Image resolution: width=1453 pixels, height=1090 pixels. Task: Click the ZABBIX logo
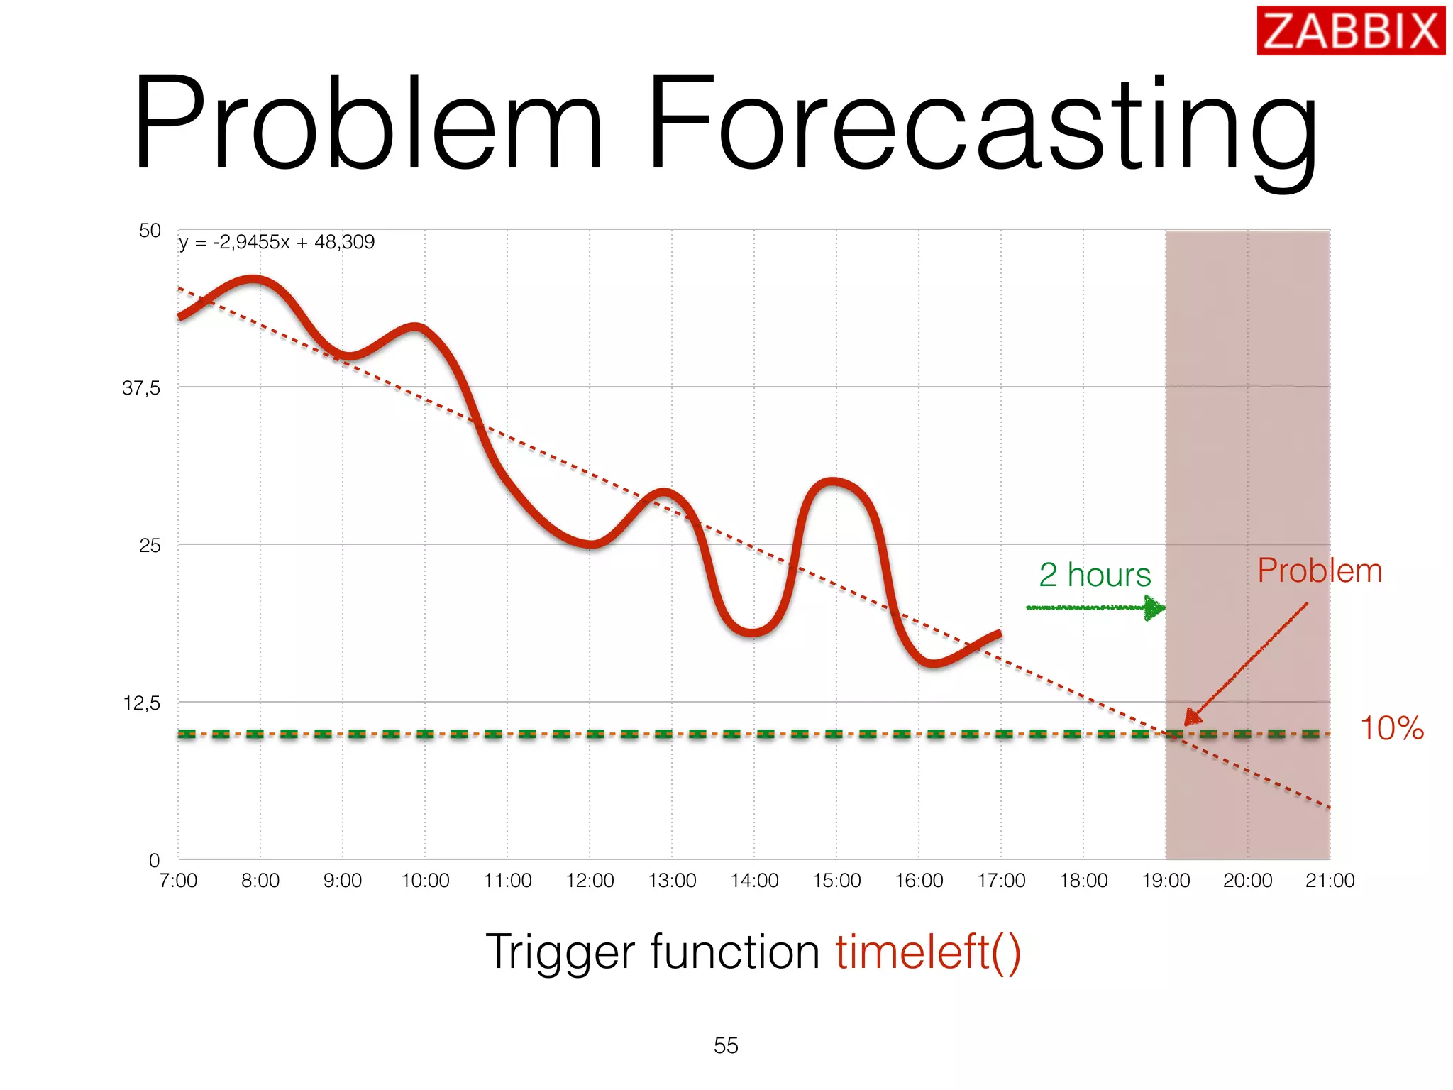[x=1350, y=31]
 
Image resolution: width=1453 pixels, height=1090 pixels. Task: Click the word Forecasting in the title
[x=982, y=125]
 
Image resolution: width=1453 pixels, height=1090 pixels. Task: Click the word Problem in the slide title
[x=368, y=125]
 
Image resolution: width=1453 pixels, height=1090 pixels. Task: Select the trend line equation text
[x=277, y=243]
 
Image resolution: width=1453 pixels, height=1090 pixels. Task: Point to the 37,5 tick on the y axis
[x=141, y=388]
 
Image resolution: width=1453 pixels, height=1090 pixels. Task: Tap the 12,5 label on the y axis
[x=141, y=703]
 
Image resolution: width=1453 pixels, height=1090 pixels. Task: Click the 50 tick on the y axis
[x=150, y=231]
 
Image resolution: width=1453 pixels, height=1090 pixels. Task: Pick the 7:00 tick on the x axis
[x=178, y=881]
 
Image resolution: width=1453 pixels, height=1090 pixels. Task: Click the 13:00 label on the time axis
[x=672, y=881]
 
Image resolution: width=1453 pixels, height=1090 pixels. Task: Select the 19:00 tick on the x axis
[x=1166, y=881]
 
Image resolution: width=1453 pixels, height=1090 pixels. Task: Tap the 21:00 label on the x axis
[x=1330, y=881]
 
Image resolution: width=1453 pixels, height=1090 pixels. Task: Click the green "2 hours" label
[x=1095, y=575]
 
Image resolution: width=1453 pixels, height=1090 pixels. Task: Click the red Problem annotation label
[x=1320, y=571]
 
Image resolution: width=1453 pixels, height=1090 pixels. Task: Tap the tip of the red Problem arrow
[x=1188, y=723]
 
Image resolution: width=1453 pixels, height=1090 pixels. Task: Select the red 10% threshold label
[x=1391, y=729]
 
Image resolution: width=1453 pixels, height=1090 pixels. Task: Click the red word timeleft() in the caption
[x=928, y=952]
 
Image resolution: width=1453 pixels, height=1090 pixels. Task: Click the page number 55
[x=726, y=1045]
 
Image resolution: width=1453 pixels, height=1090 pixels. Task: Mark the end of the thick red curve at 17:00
[x=999, y=634]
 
